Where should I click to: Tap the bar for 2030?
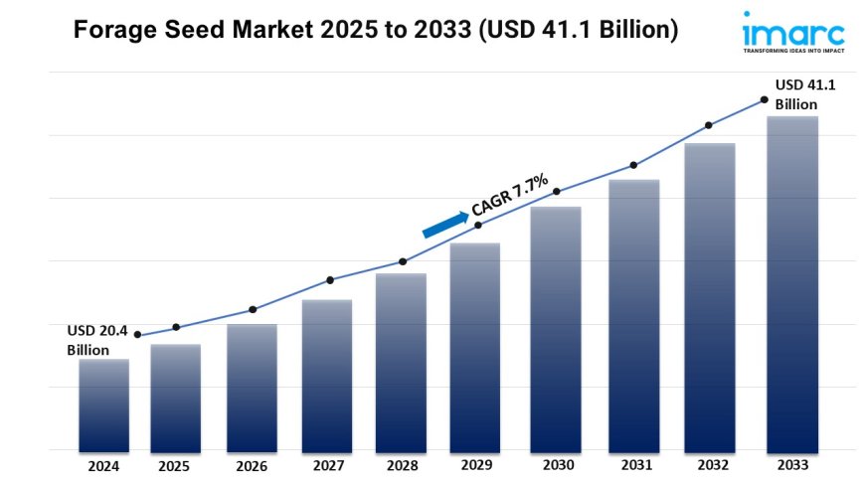(x=555, y=328)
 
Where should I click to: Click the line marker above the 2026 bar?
(x=253, y=309)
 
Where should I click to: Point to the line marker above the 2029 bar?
(x=478, y=226)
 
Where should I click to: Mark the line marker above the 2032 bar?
(x=709, y=125)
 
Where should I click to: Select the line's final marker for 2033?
(x=764, y=99)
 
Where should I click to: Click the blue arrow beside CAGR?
(x=444, y=224)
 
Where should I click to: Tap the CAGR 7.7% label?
(x=510, y=194)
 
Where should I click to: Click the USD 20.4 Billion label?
(x=97, y=340)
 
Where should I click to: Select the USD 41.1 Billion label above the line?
(x=804, y=94)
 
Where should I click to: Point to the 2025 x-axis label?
(x=175, y=465)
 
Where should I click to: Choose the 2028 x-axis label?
(x=402, y=465)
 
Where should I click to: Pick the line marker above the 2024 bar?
(x=137, y=335)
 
